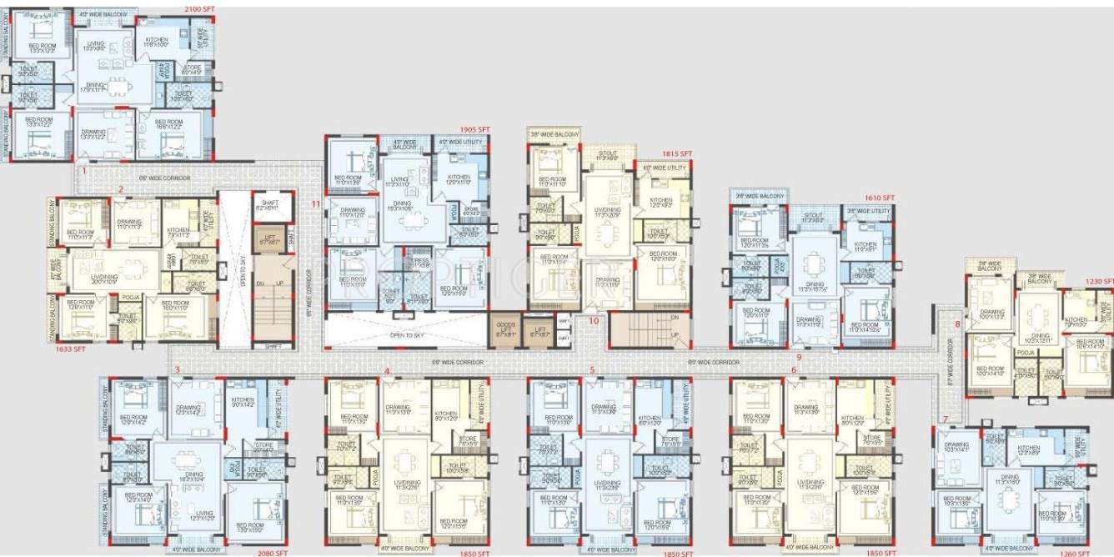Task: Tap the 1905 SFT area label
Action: coord(474,130)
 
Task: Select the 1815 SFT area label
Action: coord(677,154)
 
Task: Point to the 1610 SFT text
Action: coord(880,198)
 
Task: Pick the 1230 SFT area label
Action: coord(1097,282)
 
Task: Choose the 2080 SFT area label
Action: coord(272,552)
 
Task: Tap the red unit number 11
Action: coord(316,203)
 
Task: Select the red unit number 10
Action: coord(595,319)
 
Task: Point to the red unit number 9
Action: coord(798,357)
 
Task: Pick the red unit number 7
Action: coord(945,419)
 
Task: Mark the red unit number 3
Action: coord(176,369)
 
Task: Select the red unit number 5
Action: coord(592,369)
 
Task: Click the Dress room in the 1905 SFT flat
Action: coord(418,263)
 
